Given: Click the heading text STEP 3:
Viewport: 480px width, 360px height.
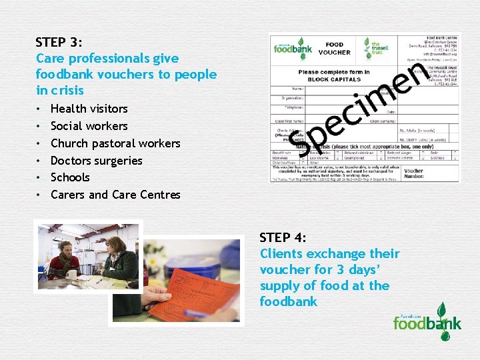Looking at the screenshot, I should tap(59, 42).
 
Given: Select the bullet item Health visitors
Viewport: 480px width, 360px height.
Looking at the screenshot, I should tap(89, 109).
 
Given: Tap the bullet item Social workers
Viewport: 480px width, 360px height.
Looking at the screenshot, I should tap(89, 126).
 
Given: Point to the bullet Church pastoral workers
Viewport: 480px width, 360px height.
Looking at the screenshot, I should tap(115, 143).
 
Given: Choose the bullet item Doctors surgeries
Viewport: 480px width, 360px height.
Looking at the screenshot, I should tap(96, 161).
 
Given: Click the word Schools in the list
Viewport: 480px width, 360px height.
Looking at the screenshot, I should tap(69, 177).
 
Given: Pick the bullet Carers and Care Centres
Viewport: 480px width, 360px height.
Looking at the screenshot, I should tap(115, 195).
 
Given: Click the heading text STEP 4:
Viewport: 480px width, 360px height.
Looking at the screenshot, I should tap(283, 237).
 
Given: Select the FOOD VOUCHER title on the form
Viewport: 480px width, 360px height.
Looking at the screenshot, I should tap(335, 49).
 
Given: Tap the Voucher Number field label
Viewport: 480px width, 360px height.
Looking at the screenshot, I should tap(413, 173).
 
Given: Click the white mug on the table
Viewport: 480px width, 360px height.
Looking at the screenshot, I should tap(72, 273).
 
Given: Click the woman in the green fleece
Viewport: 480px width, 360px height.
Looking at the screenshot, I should tap(120, 257).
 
